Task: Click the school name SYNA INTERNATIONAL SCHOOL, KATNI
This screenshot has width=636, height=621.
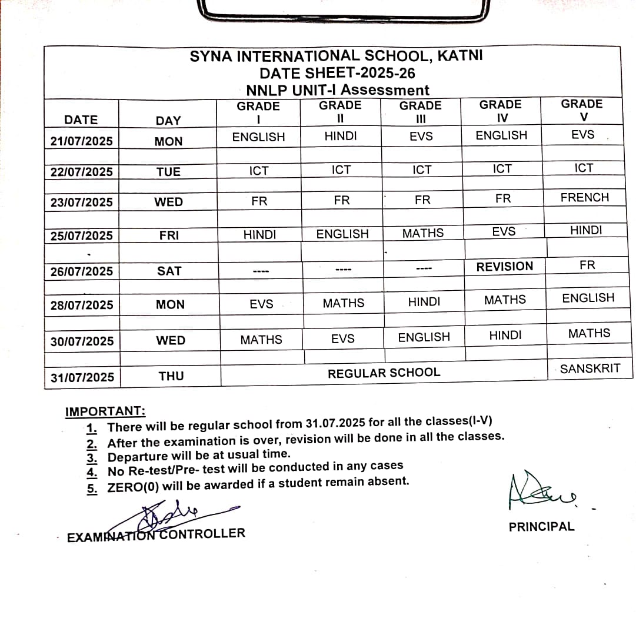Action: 336,57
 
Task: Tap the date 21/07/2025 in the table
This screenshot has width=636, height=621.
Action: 81,141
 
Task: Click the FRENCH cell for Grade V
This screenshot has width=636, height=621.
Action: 585,198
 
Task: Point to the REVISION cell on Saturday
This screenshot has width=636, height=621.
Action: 504,267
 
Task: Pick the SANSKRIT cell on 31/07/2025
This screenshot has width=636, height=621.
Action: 590,369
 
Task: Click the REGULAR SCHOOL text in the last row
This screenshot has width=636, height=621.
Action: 384,373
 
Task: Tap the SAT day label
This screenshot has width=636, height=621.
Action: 169,271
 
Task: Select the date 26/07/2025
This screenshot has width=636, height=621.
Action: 82,271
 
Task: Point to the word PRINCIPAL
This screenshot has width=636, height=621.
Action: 541,527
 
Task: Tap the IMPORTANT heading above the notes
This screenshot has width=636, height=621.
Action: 105,411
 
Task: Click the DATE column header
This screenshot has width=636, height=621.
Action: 81,119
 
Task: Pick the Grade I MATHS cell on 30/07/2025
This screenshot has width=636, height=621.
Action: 261,340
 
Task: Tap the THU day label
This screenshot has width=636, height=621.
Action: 171,376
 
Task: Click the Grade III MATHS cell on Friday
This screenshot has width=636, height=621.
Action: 423,233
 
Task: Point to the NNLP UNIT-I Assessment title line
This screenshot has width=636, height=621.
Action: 338,90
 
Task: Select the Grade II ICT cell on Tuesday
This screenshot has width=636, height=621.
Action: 341,170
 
